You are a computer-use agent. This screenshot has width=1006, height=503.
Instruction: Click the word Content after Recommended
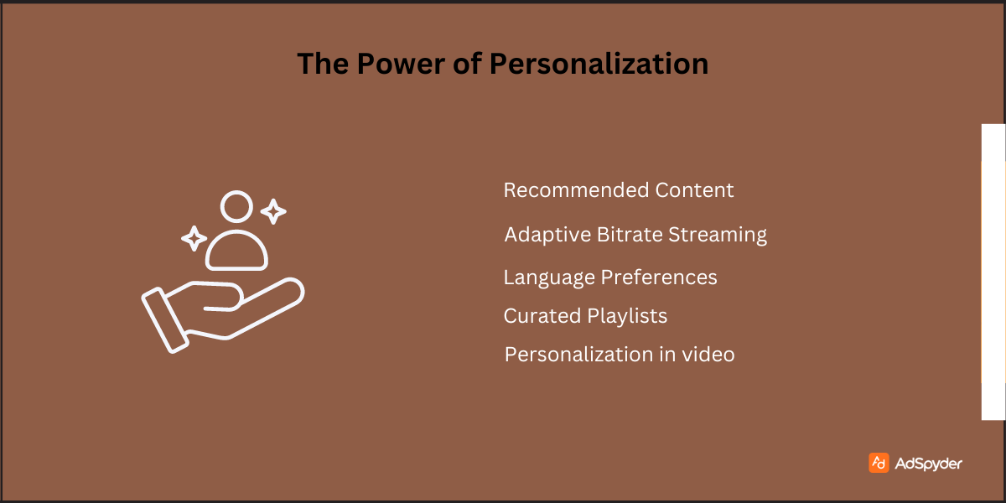694,190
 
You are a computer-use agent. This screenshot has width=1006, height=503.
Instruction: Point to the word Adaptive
547,235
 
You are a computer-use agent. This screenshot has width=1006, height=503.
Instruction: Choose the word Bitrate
630,235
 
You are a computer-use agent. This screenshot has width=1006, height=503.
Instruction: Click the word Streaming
718,236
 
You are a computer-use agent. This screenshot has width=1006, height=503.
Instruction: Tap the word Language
549,277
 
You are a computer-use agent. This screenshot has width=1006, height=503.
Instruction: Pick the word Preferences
660,277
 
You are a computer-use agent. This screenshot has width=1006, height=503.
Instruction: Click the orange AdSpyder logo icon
879,463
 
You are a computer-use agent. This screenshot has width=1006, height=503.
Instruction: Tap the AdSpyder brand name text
928,464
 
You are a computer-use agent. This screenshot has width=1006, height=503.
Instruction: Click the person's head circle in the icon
236,206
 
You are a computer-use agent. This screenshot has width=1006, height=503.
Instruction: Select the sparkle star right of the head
273,211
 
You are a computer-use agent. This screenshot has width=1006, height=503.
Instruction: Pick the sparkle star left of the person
194,239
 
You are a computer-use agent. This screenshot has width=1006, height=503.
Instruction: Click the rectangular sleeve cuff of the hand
163,319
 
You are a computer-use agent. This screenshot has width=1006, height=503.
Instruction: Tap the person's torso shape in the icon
236,250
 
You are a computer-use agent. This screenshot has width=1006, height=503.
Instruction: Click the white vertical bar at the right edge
993,272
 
